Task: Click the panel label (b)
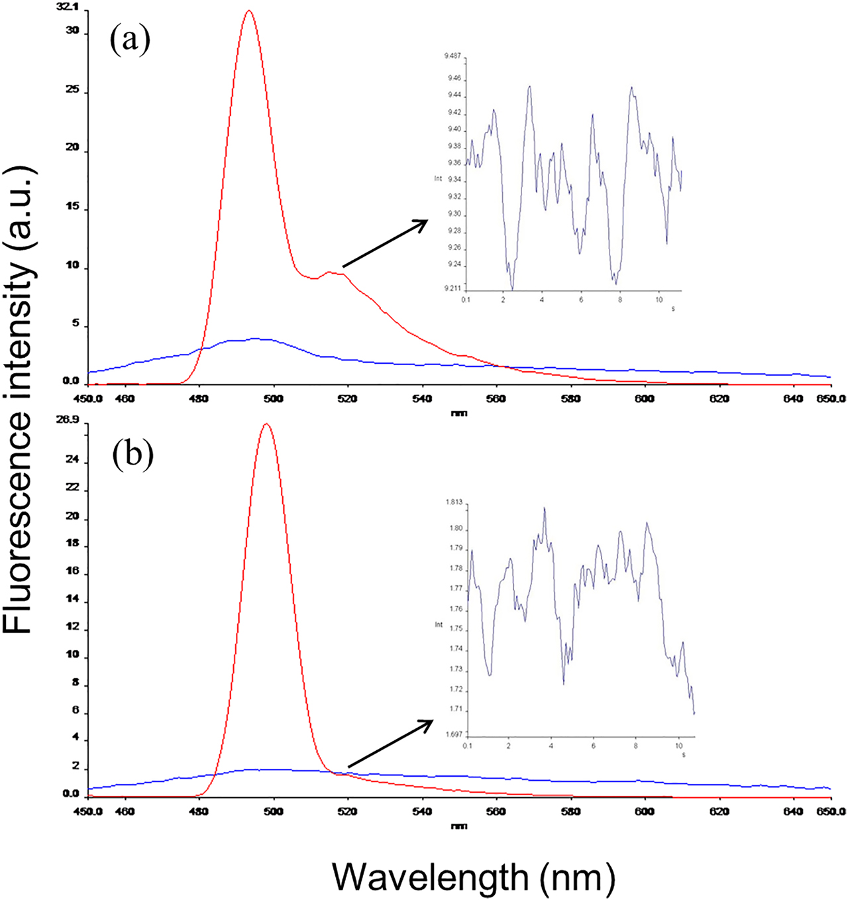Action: pyautogui.click(x=132, y=456)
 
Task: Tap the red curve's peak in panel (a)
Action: pyautogui.click(x=249, y=11)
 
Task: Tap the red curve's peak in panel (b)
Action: pyautogui.click(x=266, y=424)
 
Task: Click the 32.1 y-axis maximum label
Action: pyautogui.click(x=68, y=7)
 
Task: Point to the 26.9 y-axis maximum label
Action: pyautogui.click(x=68, y=420)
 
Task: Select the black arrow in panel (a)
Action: pyautogui.click(x=385, y=243)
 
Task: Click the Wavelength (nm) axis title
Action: pyautogui.click(x=473, y=877)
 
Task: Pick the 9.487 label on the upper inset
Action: pyautogui.click(x=453, y=56)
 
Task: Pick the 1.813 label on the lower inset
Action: pyautogui.click(x=454, y=502)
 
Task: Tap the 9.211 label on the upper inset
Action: pyautogui.click(x=453, y=288)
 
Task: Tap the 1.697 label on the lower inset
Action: pyautogui.click(x=454, y=734)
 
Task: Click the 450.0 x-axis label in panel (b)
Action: pyautogui.click(x=87, y=811)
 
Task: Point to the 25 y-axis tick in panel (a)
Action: pyautogui.click(x=72, y=89)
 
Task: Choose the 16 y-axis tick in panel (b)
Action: pyautogui.click(x=72, y=571)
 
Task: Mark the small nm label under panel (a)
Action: pyautogui.click(x=458, y=414)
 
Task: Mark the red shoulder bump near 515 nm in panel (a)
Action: pyautogui.click(x=329, y=272)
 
